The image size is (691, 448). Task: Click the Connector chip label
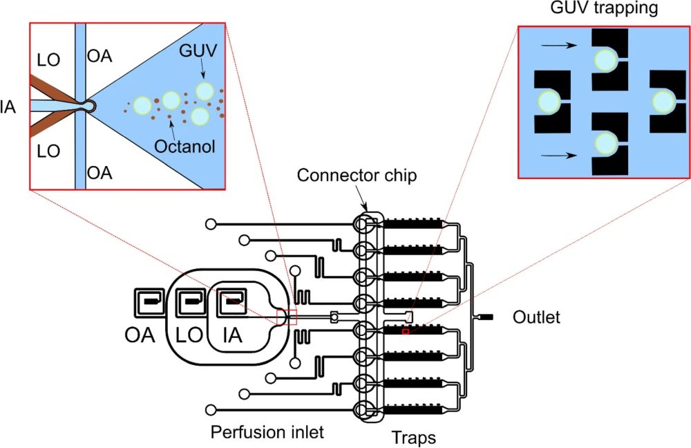pos(357,176)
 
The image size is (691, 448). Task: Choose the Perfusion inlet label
pos(267,433)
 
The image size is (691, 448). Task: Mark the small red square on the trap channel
pos(406,332)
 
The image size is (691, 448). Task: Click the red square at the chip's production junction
pos(286,317)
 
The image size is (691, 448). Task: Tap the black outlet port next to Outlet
pos(486,317)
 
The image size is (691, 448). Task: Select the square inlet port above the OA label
pos(149,301)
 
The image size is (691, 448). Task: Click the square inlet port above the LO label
pos(189,301)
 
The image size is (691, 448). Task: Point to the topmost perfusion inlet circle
pos(211,224)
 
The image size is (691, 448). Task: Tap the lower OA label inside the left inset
pos(100,172)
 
